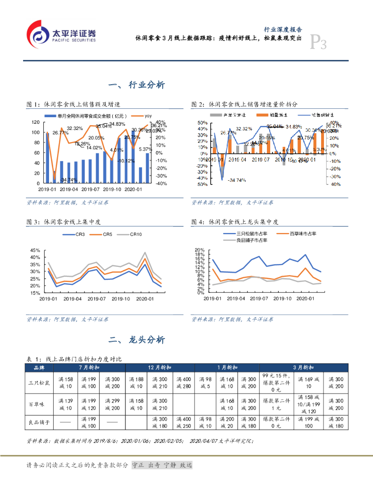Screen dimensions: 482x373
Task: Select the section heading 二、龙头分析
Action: (136, 340)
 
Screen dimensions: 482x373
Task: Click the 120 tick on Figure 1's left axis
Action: (36, 122)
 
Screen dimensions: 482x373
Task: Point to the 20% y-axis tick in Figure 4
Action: (199, 250)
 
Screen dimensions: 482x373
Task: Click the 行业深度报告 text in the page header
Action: (283, 29)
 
